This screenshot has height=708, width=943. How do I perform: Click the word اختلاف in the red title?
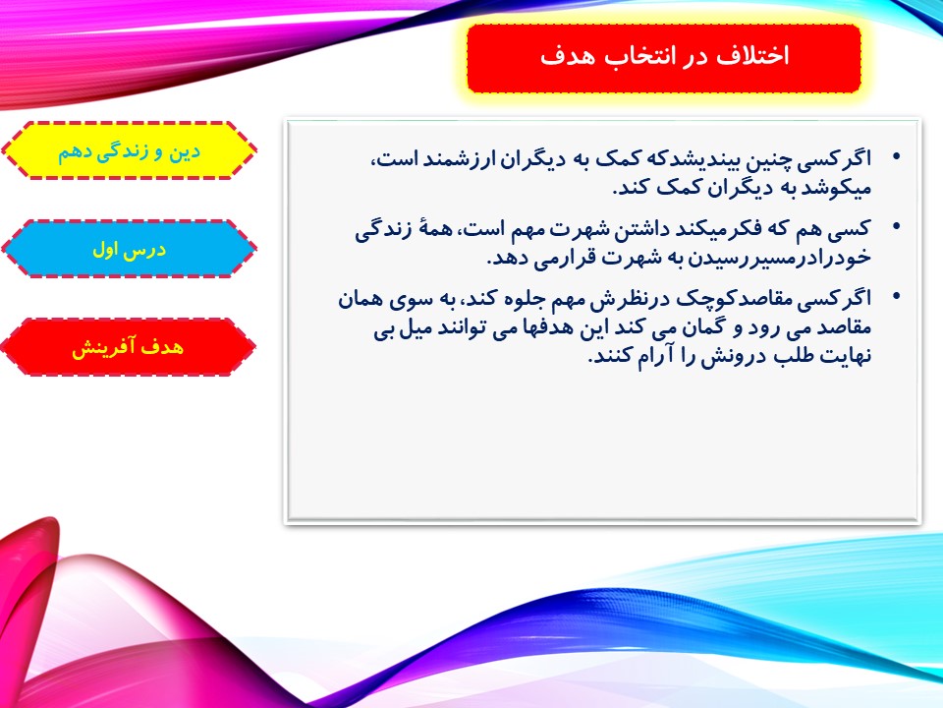[x=751, y=56]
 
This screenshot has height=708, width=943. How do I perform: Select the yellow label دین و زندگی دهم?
[x=130, y=150]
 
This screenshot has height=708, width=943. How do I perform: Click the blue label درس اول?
[x=130, y=249]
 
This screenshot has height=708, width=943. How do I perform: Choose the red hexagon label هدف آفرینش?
[x=128, y=347]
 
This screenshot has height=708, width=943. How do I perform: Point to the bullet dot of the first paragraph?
[x=897, y=156]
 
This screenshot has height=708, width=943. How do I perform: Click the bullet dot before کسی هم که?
[x=897, y=227]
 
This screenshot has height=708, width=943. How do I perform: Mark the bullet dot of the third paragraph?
[x=897, y=296]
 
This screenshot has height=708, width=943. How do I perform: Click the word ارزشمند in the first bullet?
[x=453, y=159]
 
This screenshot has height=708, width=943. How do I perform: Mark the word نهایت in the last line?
[x=845, y=356]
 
